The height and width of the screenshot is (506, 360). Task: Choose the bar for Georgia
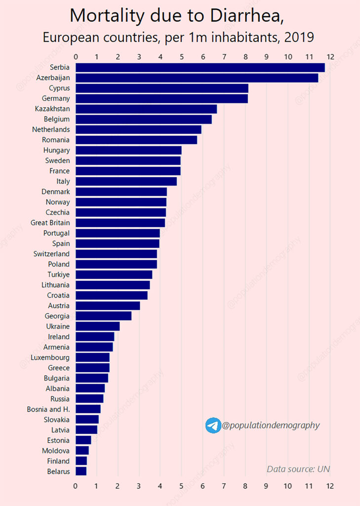coord(103,316)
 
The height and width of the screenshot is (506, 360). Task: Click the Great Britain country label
coord(50,223)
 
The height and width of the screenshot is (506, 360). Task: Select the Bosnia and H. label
coord(48,409)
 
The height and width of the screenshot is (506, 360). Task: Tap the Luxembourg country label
coord(50,357)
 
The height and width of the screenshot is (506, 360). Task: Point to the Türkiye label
coord(58,275)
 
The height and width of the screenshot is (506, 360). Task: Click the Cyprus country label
coord(59,88)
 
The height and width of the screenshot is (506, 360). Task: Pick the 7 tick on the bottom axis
coord(224,486)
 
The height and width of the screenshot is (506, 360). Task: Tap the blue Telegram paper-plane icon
coord(213,425)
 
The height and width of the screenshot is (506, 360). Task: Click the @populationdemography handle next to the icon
coord(271,425)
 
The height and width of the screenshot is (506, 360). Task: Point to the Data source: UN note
coord(298,469)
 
